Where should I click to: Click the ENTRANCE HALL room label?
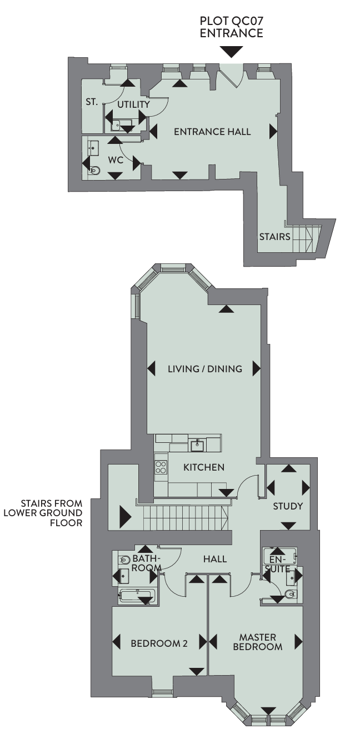click(x=212, y=132)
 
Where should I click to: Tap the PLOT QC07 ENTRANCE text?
click(x=232, y=27)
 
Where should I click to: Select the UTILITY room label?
click(x=133, y=104)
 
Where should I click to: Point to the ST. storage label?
click(x=92, y=102)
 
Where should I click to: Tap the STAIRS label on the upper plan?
click(x=274, y=237)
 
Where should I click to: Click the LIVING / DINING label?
click(x=205, y=369)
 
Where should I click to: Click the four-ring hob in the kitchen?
click(x=161, y=467)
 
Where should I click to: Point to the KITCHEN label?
click(x=204, y=467)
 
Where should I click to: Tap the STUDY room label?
click(x=288, y=506)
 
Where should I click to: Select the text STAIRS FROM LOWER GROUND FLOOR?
click(x=43, y=513)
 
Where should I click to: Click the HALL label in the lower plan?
click(x=215, y=559)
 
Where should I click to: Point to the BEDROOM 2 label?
click(x=159, y=643)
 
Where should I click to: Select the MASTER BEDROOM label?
click(x=258, y=642)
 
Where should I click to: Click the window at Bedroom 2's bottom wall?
click(x=162, y=692)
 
